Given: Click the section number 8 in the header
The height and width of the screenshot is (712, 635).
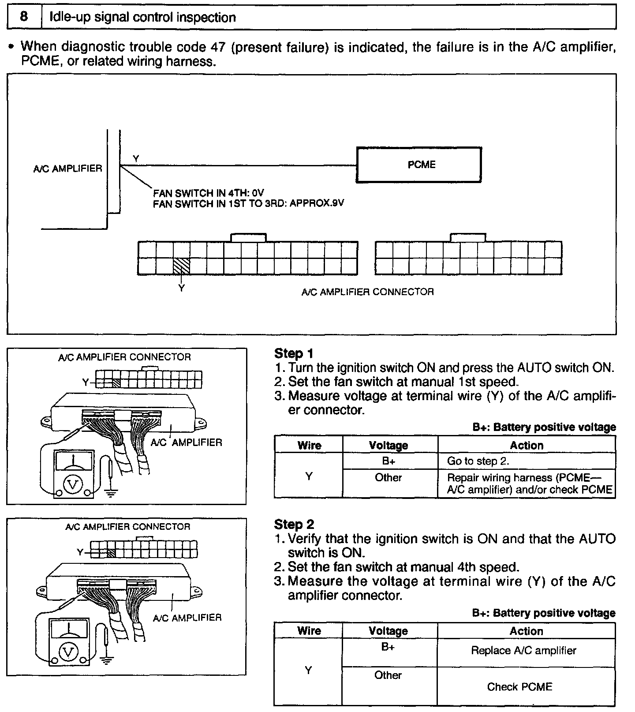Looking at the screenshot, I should click(x=24, y=17).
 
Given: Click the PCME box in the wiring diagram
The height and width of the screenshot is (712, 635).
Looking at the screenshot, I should click(x=418, y=165).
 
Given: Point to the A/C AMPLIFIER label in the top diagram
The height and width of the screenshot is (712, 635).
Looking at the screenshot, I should click(x=67, y=169).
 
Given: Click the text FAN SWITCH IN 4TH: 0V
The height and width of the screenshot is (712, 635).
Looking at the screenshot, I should click(x=208, y=193).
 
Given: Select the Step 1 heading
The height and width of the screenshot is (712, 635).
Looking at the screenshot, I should click(x=294, y=353).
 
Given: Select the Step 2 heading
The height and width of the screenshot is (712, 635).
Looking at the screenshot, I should click(x=294, y=524).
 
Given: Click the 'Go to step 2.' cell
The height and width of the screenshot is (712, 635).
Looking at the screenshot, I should click(x=478, y=461).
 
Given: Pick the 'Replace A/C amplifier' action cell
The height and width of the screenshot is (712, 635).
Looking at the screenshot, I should click(x=523, y=651).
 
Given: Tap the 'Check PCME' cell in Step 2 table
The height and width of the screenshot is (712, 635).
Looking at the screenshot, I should click(x=519, y=687).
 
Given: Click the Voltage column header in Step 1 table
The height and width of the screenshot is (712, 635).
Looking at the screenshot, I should click(x=388, y=446).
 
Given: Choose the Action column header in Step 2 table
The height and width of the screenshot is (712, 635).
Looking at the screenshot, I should click(x=526, y=631).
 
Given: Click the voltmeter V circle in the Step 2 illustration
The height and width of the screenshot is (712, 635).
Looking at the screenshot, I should click(x=69, y=652).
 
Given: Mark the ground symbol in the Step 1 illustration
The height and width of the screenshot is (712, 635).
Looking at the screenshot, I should click(x=110, y=492).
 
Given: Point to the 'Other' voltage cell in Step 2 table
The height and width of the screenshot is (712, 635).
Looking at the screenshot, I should click(x=388, y=675).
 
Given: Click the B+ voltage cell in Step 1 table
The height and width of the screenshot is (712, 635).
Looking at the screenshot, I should click(x=388, y=461).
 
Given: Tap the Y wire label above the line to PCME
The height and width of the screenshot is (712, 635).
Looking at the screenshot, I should click(x=136, y=159).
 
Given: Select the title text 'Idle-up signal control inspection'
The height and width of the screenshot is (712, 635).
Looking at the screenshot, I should click(x=142, y=17).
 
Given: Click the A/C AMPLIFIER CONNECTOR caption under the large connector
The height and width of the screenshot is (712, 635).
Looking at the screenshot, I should click(x=367, y=292).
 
